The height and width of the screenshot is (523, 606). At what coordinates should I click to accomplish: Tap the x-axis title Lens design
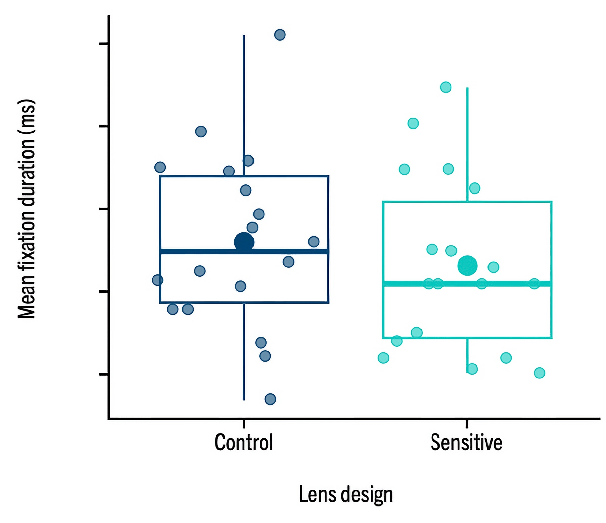click(x=346, y=494)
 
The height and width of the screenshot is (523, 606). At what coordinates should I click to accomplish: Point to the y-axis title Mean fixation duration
click(x=26, y=209)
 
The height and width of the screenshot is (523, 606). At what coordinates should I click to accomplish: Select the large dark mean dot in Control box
click(x=244, y=242)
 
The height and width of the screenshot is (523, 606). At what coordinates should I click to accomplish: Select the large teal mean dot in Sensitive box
click(x=467, y=266)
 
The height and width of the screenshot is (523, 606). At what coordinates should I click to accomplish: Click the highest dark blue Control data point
click(x=280, y=35)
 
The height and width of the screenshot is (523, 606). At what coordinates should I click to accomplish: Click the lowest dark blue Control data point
click(x=270, y=399)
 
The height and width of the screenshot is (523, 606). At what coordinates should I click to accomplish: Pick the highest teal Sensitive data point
click(x=446, y=87)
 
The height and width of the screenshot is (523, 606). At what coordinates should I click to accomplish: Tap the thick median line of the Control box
click(x=202, y=251)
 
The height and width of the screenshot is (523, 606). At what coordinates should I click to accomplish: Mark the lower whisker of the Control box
click(x=244, y=370)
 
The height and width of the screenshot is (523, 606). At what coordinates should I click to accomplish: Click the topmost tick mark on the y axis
click(x=104, y=44)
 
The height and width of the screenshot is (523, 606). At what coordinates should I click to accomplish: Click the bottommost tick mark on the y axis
click(x=104, y=374)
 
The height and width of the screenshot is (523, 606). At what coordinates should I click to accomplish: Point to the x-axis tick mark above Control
click(x=244, y=423)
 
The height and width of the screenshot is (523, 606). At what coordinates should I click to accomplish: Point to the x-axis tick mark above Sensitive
click(x=467, y=423)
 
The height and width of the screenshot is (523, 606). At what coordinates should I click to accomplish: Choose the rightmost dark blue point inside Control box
click(x=314, y=241)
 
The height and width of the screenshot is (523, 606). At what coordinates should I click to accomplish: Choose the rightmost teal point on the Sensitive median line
click(x=534, y=284)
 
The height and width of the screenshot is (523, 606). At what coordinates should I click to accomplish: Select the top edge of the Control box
click(x=286, y=176)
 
